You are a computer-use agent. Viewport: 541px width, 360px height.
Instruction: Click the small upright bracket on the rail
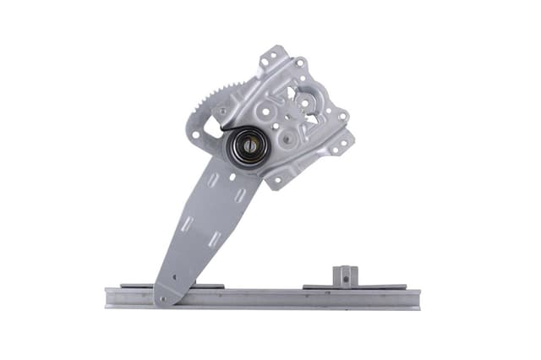344,275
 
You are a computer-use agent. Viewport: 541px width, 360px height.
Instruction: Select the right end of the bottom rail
415,297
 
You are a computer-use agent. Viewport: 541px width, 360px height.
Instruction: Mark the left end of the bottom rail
109,297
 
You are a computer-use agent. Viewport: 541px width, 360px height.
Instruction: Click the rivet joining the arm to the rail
163,297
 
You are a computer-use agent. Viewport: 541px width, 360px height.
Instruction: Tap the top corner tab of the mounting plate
271,57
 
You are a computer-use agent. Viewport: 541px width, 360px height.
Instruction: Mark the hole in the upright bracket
344,272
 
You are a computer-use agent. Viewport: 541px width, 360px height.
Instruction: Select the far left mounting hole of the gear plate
195,133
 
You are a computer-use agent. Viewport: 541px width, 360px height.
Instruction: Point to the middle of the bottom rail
262,297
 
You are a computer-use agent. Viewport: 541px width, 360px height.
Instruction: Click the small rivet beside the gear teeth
222,111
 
